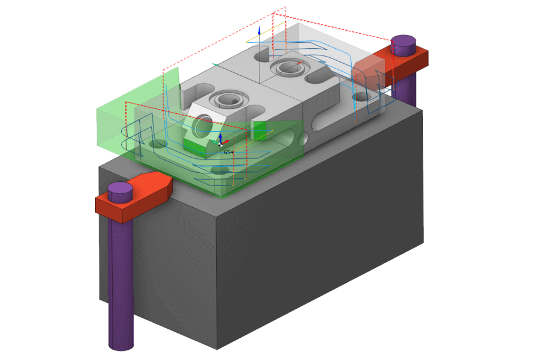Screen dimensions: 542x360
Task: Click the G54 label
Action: (x=228, y=152)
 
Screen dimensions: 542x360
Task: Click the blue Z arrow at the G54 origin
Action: (x=220, y=138)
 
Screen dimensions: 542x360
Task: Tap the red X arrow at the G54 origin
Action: (x=225, y=141)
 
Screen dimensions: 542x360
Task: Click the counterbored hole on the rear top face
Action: (x=287, y=67)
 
